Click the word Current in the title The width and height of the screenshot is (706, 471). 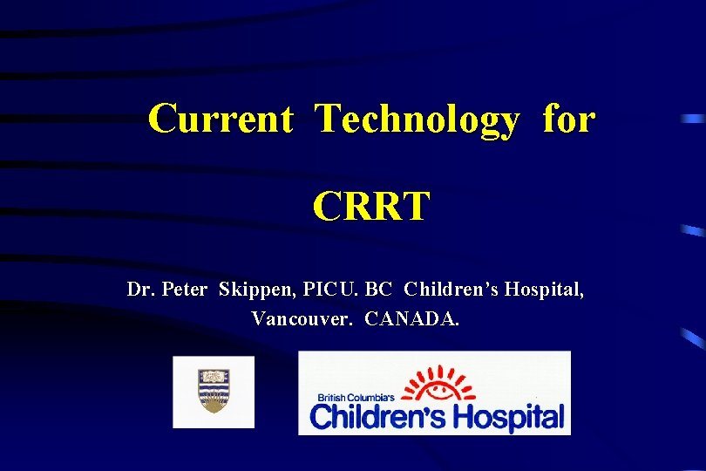pos(220,119)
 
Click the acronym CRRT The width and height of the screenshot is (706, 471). pos(371,207)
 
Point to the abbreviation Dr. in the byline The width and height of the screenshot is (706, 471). pos(139,289)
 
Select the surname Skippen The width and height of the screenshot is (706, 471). pos(254,290)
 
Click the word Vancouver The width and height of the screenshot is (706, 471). pos(302,318)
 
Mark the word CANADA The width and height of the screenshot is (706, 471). pos(411,318)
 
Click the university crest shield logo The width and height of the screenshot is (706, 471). pos(214,391)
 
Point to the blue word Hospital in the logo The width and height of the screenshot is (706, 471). pos(506,417)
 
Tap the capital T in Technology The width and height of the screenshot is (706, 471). pos(326,119)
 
